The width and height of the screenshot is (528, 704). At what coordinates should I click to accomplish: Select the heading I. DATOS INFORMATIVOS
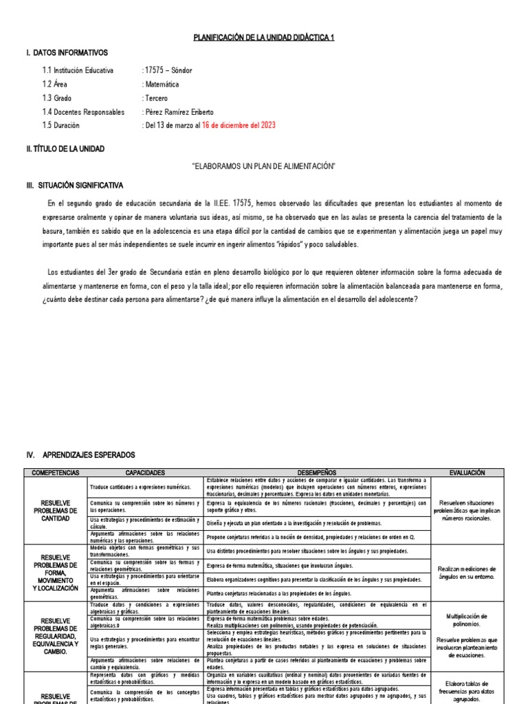pyautogui.click(x=66, y=53)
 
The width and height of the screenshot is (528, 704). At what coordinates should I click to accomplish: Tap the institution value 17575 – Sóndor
pyautogui.click(x=167, y=70)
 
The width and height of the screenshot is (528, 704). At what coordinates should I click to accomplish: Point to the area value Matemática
pyautogui.click(x=160, y=84)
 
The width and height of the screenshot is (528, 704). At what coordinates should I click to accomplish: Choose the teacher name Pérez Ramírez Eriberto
pyautogui.click(x=177, y=112)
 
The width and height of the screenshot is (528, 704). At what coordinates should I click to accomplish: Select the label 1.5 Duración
pyautogui.click(x=61, y=126)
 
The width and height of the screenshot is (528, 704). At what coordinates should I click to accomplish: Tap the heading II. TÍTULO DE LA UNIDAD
pyautogui.click(x=65, y=148)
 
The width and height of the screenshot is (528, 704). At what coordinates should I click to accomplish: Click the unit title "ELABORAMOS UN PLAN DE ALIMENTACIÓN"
pyautogui.click(x=263, y=166)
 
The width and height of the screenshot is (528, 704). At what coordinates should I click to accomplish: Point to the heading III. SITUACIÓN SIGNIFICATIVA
pyautogui.click(x=74, y=186)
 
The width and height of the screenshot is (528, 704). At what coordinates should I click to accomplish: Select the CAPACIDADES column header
pyautogui.click(x=145, y=473)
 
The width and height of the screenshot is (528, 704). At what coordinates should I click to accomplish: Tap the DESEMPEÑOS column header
pyautogui.click(x=317, y=473)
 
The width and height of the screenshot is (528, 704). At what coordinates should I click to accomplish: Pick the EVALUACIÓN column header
pyautogui.click(x=467, y=473)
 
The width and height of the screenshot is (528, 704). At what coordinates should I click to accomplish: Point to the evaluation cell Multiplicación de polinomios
pyautogui.click(x=467, y=620)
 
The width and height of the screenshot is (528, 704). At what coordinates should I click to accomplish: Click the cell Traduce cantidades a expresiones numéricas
pyautogui.click(x=131, y=487)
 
